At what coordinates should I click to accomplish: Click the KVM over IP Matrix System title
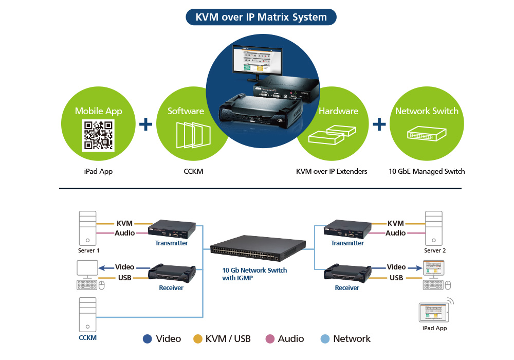tap(261, 17)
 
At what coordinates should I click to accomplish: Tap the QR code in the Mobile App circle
tap(99, 135)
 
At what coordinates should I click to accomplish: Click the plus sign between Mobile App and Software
tap(146, 124)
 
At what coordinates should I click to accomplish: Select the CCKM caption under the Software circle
tap(193, 171)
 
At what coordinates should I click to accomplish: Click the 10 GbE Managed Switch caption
tap(427, 171)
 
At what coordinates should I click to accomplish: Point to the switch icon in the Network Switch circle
tap(427, 134)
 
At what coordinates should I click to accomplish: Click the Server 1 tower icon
tap(88, 228)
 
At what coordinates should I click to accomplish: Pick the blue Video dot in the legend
tap(148, 339)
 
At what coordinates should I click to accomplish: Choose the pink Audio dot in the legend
tap(269, 339)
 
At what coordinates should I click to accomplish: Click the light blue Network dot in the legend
tap(324, 339)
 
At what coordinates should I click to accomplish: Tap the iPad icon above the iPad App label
tap(433, 312)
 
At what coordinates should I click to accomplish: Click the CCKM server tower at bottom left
tap(88, 314)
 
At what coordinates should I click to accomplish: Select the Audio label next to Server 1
tap(125, 233)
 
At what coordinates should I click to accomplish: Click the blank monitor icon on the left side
tap(86, 269)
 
